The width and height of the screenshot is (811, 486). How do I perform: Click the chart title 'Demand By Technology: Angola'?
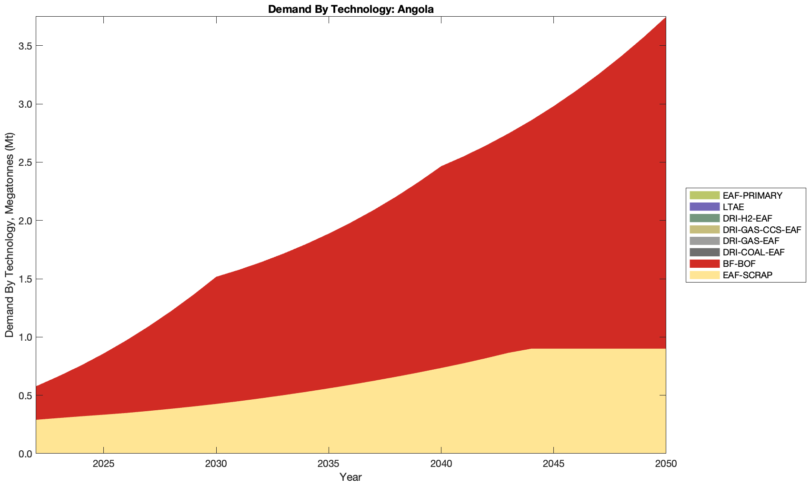pos(350,9)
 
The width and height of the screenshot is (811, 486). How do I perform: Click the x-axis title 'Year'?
pos(350,477)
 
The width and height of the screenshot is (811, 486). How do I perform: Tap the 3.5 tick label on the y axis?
pos(25,46)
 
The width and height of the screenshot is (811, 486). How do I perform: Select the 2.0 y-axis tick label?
pos(25,221)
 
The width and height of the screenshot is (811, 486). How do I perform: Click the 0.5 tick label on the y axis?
pos(25,395)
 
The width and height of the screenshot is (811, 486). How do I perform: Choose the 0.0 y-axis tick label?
pos(25,454)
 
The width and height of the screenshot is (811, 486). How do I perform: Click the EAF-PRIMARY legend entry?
pos(752,195)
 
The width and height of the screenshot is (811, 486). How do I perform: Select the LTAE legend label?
pos(733,207)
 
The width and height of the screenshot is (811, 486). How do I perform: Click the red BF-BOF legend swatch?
pos(704,263)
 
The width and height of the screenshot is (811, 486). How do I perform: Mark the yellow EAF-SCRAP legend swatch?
pos(704,275)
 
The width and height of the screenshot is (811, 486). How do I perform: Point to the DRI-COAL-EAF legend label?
pos(753,252)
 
